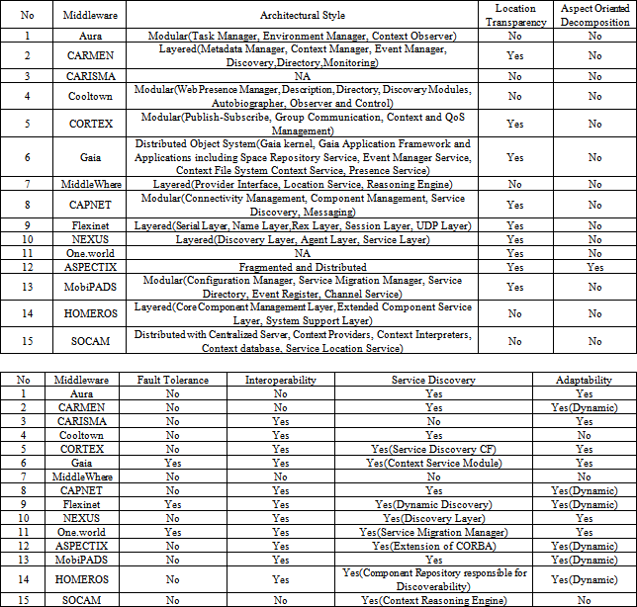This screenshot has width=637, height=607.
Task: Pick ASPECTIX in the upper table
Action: (83, 267)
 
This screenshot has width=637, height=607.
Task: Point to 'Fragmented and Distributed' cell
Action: (311, 267)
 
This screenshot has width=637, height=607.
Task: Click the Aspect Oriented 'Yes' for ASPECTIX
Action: (593, 267)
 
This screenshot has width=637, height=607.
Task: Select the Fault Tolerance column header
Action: (172, 380)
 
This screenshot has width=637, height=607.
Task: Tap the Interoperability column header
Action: (281, 380)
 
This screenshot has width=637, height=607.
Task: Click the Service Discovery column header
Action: (433, 380)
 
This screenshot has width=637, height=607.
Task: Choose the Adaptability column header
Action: (584, 380)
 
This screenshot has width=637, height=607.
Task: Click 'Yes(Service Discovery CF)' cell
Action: (433, 448)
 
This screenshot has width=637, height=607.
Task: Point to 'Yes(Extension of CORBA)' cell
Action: (433, 545)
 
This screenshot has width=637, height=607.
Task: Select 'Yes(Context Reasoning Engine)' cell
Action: (433, 600)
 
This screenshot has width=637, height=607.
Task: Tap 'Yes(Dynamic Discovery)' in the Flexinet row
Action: (433, 503)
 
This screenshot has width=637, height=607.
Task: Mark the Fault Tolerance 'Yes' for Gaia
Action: (172, 462)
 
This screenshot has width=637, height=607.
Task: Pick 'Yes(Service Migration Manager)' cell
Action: (433, 531)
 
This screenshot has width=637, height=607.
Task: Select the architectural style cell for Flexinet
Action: (311, 225)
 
